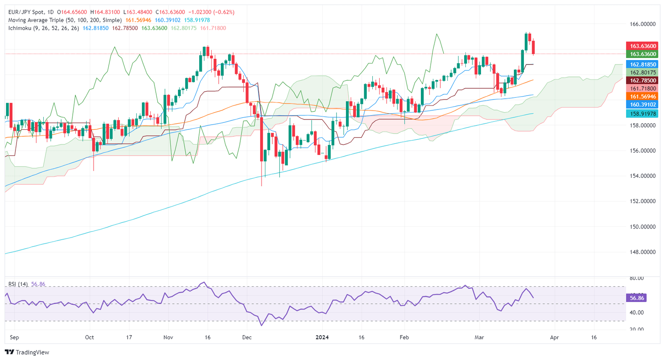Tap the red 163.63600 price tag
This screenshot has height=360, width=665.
pos(643,46)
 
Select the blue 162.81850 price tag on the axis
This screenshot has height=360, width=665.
pos(643,64)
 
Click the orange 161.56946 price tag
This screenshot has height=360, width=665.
pos(643,96)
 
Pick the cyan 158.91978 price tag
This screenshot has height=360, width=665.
pos(643,114)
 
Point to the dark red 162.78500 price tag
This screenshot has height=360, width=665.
pos(643,80)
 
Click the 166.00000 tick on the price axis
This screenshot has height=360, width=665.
pos(643,24)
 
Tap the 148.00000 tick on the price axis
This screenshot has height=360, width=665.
pos(643,252)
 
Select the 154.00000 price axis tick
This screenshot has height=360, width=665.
pos(643,176)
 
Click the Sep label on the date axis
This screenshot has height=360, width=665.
pos(14,337)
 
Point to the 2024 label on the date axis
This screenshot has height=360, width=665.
pos(322,337)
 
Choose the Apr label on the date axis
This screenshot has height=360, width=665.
pos(554,337)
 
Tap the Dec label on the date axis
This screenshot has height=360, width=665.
pos(246,337)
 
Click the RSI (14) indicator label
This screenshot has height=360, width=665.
pos(18,284)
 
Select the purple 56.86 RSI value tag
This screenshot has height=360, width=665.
pos(637,298)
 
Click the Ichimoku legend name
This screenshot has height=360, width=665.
pos(21,28)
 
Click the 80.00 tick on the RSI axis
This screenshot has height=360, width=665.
pos(637,278)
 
